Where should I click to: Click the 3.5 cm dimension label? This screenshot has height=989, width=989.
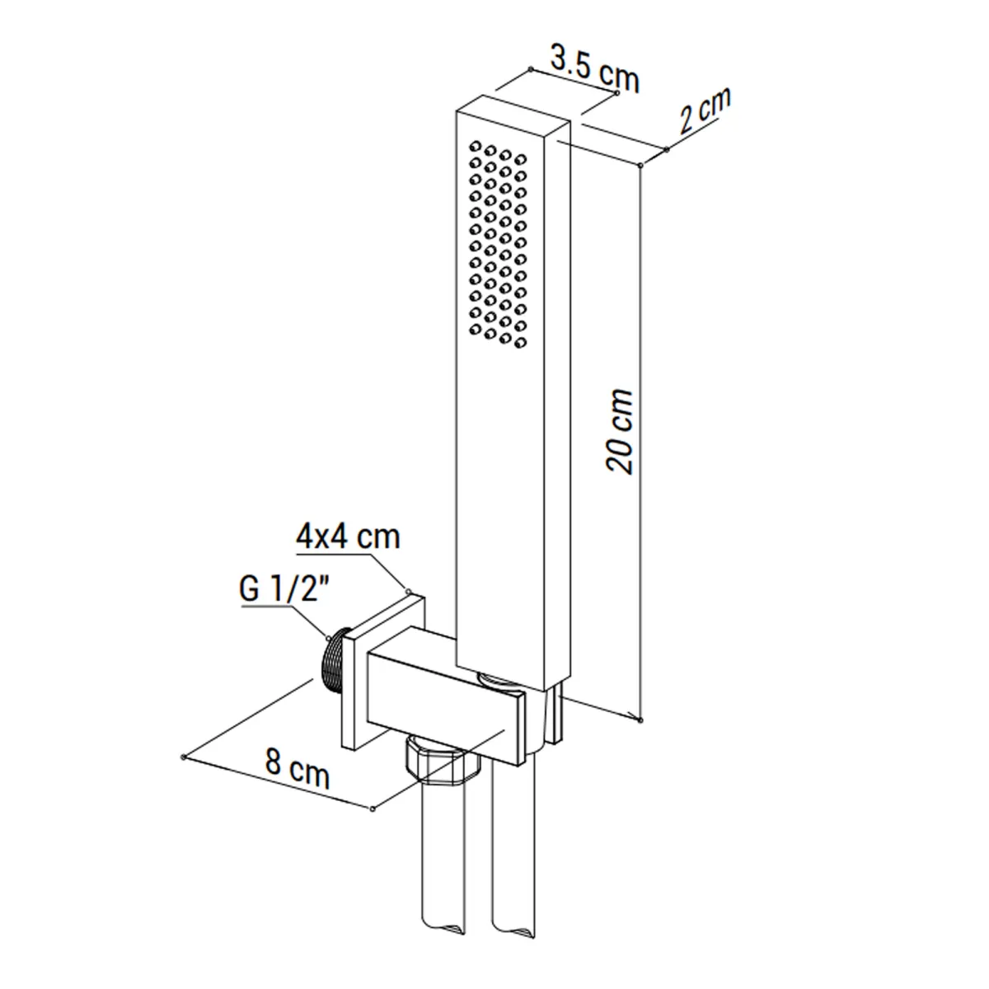[x=595, y=70]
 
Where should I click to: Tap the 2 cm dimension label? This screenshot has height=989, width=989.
[x=705, y=111]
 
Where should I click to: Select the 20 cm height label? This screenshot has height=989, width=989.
[x=620, y=431]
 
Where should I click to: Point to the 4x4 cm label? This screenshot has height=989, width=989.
[x=348, y=537]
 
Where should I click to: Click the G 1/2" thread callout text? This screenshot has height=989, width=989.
[x=284, y=590]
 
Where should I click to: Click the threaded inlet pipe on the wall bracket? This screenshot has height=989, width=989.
[x=334, y=663]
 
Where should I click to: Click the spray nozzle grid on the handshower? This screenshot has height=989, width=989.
[x=497, y=245]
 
